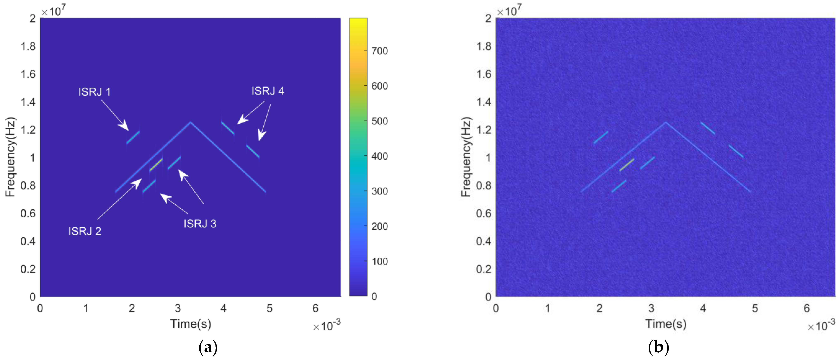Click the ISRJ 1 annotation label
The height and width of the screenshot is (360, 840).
94,92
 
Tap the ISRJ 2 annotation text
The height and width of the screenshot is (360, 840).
84,231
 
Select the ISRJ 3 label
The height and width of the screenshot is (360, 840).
200,224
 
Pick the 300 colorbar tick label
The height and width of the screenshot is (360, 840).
380,191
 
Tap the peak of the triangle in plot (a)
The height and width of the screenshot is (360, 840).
190,123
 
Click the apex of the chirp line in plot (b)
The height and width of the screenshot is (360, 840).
666,123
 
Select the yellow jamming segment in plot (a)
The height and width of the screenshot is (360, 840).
156,165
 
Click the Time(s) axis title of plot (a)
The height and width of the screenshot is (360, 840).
190,324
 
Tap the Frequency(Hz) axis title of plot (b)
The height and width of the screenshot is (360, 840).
466,157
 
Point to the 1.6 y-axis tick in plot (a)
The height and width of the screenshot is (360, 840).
28,74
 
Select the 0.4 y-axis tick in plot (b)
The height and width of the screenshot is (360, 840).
484,241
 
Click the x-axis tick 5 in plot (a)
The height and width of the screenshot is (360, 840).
269,308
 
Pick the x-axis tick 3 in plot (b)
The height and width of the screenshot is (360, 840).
651,308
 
